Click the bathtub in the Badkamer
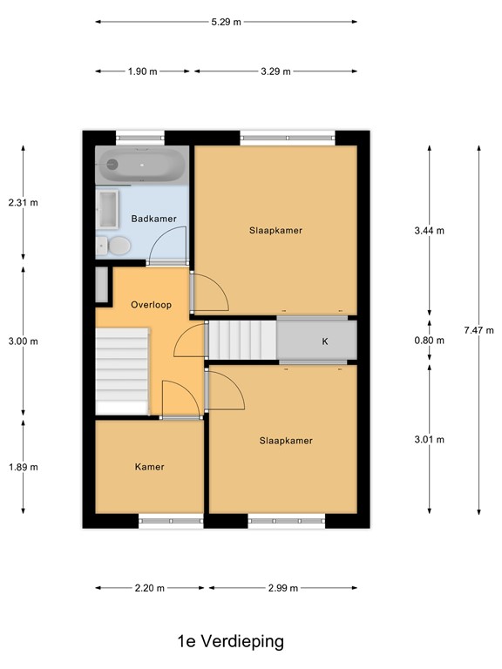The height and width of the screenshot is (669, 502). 140,164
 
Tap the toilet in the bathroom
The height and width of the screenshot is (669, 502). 114,247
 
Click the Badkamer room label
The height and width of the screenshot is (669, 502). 154,219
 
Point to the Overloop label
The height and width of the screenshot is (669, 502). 151,305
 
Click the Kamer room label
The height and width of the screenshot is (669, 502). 149,467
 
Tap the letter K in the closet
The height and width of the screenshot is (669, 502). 324,341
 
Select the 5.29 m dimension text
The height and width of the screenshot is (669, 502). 226,21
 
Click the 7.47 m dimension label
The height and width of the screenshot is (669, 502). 478,330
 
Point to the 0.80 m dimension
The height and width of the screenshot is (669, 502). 429,341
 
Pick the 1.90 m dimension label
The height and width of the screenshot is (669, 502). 143,71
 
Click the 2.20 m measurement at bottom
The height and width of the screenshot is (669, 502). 150,588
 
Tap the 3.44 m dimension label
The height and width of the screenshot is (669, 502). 429,231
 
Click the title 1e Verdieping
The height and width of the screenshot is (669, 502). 229,642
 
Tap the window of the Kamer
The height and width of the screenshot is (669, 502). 170,522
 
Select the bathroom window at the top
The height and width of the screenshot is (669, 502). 140,136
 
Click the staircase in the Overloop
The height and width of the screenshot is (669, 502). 122,370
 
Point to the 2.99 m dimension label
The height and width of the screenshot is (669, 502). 282,588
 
